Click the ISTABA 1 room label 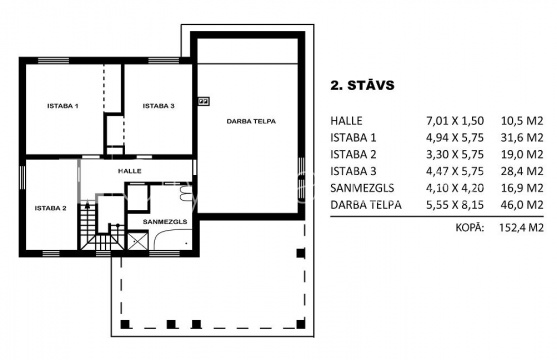pyautogui.click(x=63, y=106)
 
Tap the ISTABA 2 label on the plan pyautogui.click(x=50, y=208)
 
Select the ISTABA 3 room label pyautogui.click(x=158, y=106)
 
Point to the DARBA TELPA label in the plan pyautogui.click(x=251, y=122)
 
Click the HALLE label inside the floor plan pyautogui.click(x=130, y=171)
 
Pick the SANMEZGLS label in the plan pyautogui.click(x=165, y=222)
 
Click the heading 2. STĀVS pyautogui.click(x=362, y=85)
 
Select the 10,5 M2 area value pyautogui.click(x=522, y=121)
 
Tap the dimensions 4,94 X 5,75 pyautogui.click(x=455, y=138)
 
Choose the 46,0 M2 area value pyautogui.click(x=522, y=205)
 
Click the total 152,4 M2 pyautogui.click(x=521, y=227)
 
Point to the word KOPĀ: pyautogui.click(x=470, y=227)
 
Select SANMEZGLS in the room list pyautogui.click(x=362, y=188)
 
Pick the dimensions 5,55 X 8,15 pyautogui.click(x=455, y=205)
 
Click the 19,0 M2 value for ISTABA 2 pyautogui.click(x=522, y=155)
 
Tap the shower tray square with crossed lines pyautogui.click(x=137, y=241)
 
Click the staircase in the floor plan pyautogui.click(x=102, y=226)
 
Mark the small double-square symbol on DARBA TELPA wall pyautogui.click(x=204, y=101)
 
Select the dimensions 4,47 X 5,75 pyautogui.click(x=455, y=171)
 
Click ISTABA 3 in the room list pyautogui.click(x=353, y=171)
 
